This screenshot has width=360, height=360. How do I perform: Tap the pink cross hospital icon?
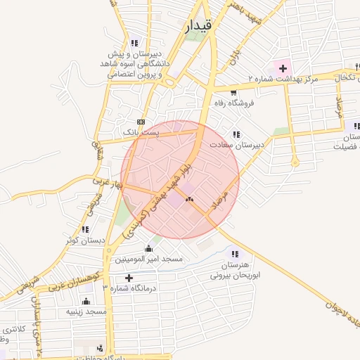tap(283, 68)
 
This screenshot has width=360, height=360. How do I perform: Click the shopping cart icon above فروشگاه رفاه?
tap(233, 91)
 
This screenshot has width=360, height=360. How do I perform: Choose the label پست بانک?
tap(141, 131)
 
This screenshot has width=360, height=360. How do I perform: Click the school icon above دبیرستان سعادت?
tap(236, 134)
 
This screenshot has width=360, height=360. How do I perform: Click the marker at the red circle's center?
tap(188, 200)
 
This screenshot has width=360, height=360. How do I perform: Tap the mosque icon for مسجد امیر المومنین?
tap(148, 249)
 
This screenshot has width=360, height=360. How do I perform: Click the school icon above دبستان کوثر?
tap(85, 229)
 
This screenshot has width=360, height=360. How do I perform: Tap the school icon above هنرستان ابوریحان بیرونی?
tap(235, 254)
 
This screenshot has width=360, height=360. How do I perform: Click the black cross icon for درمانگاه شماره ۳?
tap(129, 278)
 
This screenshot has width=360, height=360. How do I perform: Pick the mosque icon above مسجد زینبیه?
tap(86, 301)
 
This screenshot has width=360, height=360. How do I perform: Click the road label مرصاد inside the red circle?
tap(226, 195)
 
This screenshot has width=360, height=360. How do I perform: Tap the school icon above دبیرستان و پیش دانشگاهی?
tap(134, 42)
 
